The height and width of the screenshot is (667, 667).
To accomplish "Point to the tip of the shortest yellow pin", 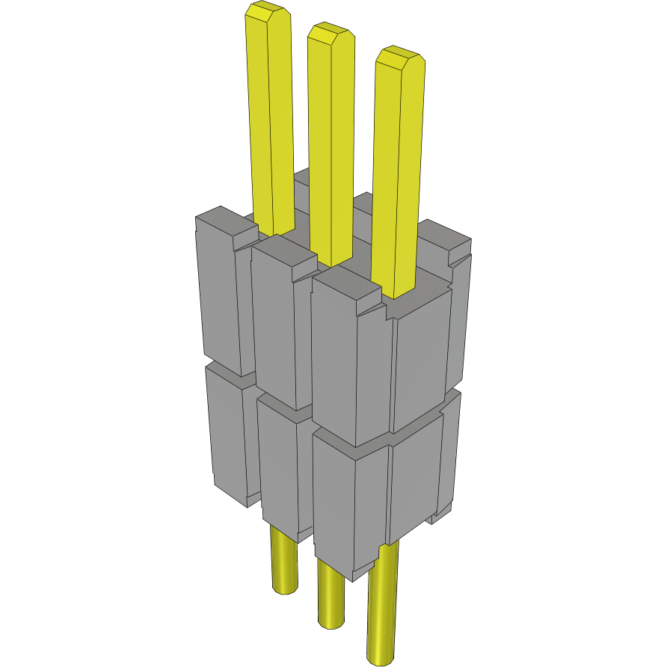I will tap(399, 58).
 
